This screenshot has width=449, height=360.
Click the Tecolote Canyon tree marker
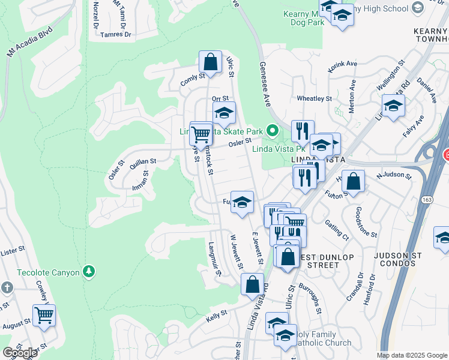(x=89, y=272)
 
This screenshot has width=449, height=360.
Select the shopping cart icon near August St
(x=44, y=314)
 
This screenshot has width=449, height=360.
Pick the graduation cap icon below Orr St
(x=224, y=113)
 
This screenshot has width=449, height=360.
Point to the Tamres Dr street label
(x=117, y=34)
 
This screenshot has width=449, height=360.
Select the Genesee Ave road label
(x=264, y=81)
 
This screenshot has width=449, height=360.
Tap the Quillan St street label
(x=143, y=161)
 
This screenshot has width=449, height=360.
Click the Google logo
(x=20, y=353)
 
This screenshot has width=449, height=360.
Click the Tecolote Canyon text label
(x=48, y=272)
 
